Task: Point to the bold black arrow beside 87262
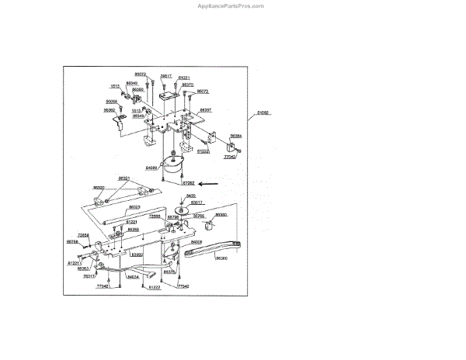pos(209,184)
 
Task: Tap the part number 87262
pos(188,184)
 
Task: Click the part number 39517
pos(165,76)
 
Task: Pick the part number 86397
pos(205,110)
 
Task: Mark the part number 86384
pos(235,136)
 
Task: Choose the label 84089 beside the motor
pos(151,168)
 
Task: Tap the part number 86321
pos(124,178)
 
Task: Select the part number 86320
pos(99,188)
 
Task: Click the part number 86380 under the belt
pos(221,257)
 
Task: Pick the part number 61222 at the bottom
pos(154,288)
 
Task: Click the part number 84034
pos(133,276)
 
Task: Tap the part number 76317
pos(90,276)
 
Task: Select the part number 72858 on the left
pos(83,234)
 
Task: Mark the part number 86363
pos(83,268)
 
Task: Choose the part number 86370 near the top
pos(198,85)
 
